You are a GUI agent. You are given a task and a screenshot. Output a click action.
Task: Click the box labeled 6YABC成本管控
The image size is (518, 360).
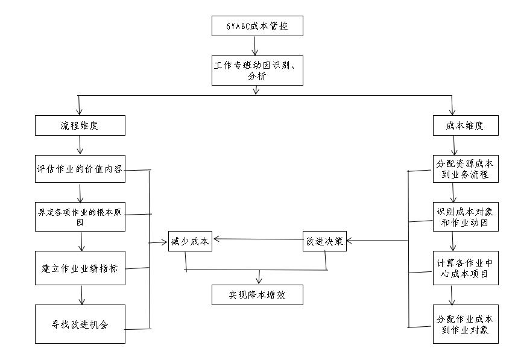pos(256,26)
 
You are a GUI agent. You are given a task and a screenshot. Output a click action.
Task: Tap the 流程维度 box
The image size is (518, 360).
pos(80,125)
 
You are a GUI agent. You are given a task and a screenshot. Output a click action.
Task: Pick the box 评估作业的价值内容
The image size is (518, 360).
pos(80,169)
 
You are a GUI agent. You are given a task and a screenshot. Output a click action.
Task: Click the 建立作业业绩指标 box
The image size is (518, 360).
pos(80,268)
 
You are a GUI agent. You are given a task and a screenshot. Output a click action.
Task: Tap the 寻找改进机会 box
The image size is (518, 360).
pos(80,324)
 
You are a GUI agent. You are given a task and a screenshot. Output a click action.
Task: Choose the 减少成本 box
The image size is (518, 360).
pos(189,241)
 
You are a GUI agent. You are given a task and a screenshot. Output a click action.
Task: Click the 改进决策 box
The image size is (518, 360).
pos(324,241)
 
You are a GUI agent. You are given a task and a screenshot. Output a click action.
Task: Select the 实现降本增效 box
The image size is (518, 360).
pos(256,295)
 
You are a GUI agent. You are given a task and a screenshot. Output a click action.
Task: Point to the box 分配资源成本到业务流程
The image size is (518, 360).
pos(466,169)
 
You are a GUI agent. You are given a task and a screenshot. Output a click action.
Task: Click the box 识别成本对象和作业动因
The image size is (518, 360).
pos(466,217)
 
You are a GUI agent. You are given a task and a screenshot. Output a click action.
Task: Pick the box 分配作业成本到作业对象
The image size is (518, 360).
pos(466,324)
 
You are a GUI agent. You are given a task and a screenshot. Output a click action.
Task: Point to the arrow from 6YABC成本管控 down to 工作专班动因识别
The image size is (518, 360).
pos(256,46)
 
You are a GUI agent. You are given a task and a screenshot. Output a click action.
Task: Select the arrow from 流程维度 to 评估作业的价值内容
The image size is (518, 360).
pos(80,145)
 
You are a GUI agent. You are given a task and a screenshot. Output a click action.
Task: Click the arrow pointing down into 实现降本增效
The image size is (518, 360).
pos(259,276)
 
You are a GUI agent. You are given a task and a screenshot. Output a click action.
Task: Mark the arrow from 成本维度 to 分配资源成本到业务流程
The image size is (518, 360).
pos(454,145)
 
